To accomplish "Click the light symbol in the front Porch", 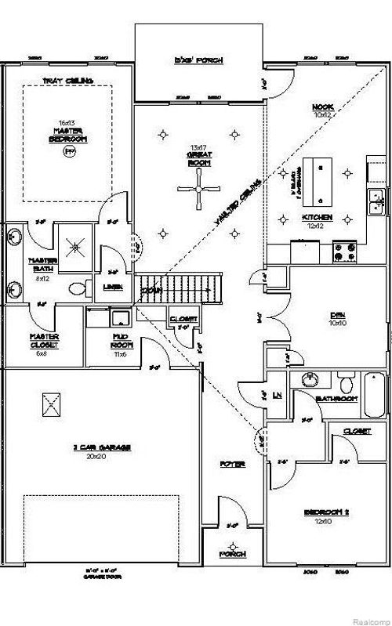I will [232, 546].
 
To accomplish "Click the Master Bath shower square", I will [76, 245].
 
